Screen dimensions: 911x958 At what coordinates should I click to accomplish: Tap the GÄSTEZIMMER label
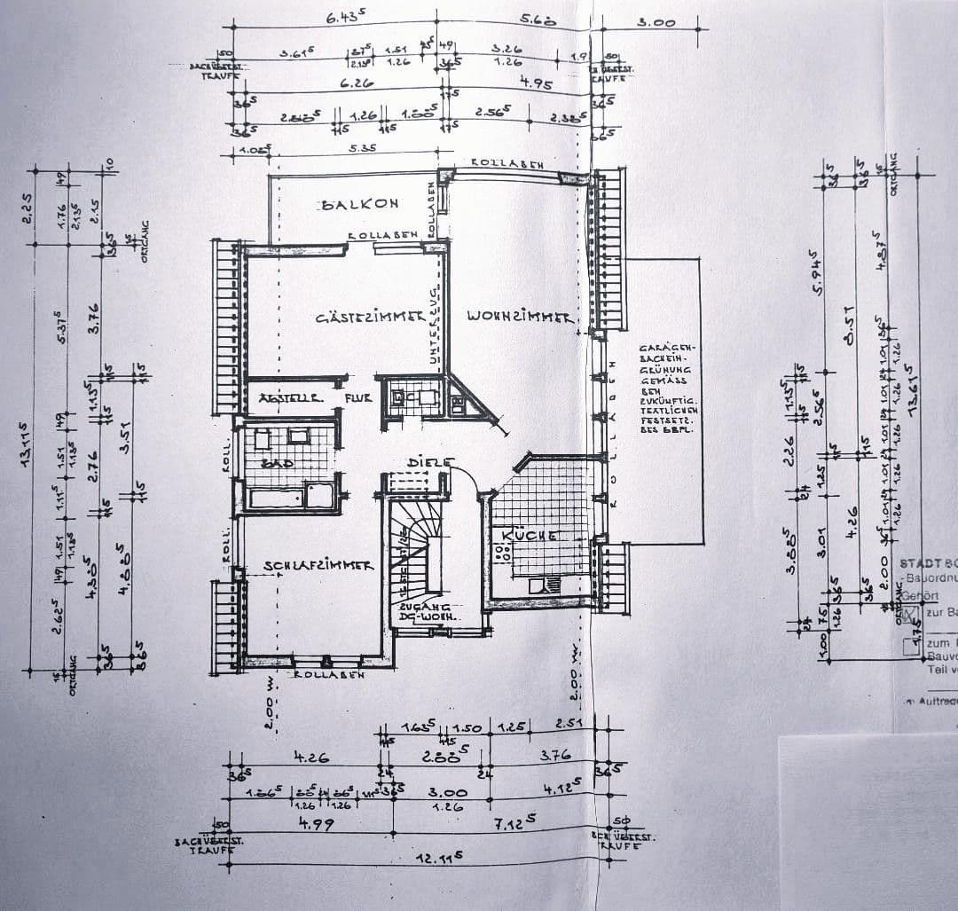(x=367, y=318)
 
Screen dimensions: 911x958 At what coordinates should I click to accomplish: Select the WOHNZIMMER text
(x=520, y=317)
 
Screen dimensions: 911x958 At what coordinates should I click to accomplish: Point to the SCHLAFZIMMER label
(x=318, y=565)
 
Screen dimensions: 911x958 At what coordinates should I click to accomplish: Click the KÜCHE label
(x=530, y=536)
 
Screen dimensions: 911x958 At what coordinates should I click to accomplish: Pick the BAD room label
(x=271, y=464)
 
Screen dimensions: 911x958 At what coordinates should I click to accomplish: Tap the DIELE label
(x=430, y=463)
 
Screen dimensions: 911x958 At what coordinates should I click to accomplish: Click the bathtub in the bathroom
(x=290, y=496)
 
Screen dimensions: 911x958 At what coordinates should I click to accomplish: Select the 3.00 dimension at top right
(x=657, y=23)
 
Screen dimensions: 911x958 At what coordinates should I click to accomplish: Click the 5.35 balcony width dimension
(x=361, y=148)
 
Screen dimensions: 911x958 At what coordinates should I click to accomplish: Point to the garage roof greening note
(x=664, y=387)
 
